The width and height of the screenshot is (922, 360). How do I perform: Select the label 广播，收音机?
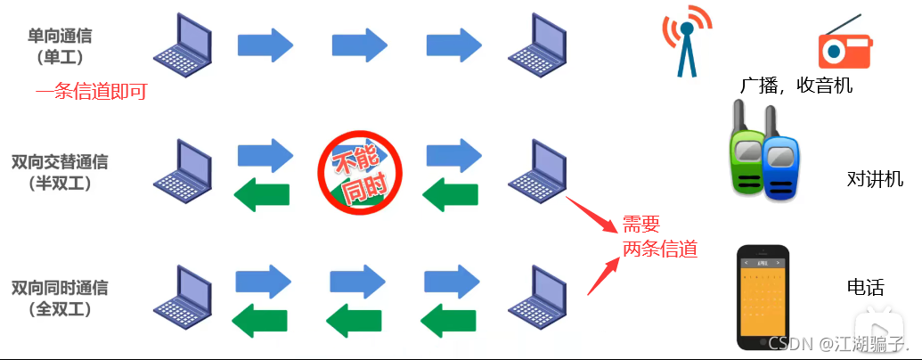tap(796, 86)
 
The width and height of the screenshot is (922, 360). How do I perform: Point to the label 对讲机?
tap(875, 179)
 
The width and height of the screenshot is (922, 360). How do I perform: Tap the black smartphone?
tap(763, 297)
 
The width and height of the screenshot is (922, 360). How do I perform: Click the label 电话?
tap(865, 288)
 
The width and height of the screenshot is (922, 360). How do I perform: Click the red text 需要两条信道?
tap(658, 236)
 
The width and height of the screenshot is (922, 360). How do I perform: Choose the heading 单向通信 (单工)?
tap(61, 46)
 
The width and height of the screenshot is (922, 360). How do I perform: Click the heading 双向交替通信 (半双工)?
tap(61, 172)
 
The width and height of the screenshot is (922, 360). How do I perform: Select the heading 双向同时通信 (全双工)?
tap(61, 298)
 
